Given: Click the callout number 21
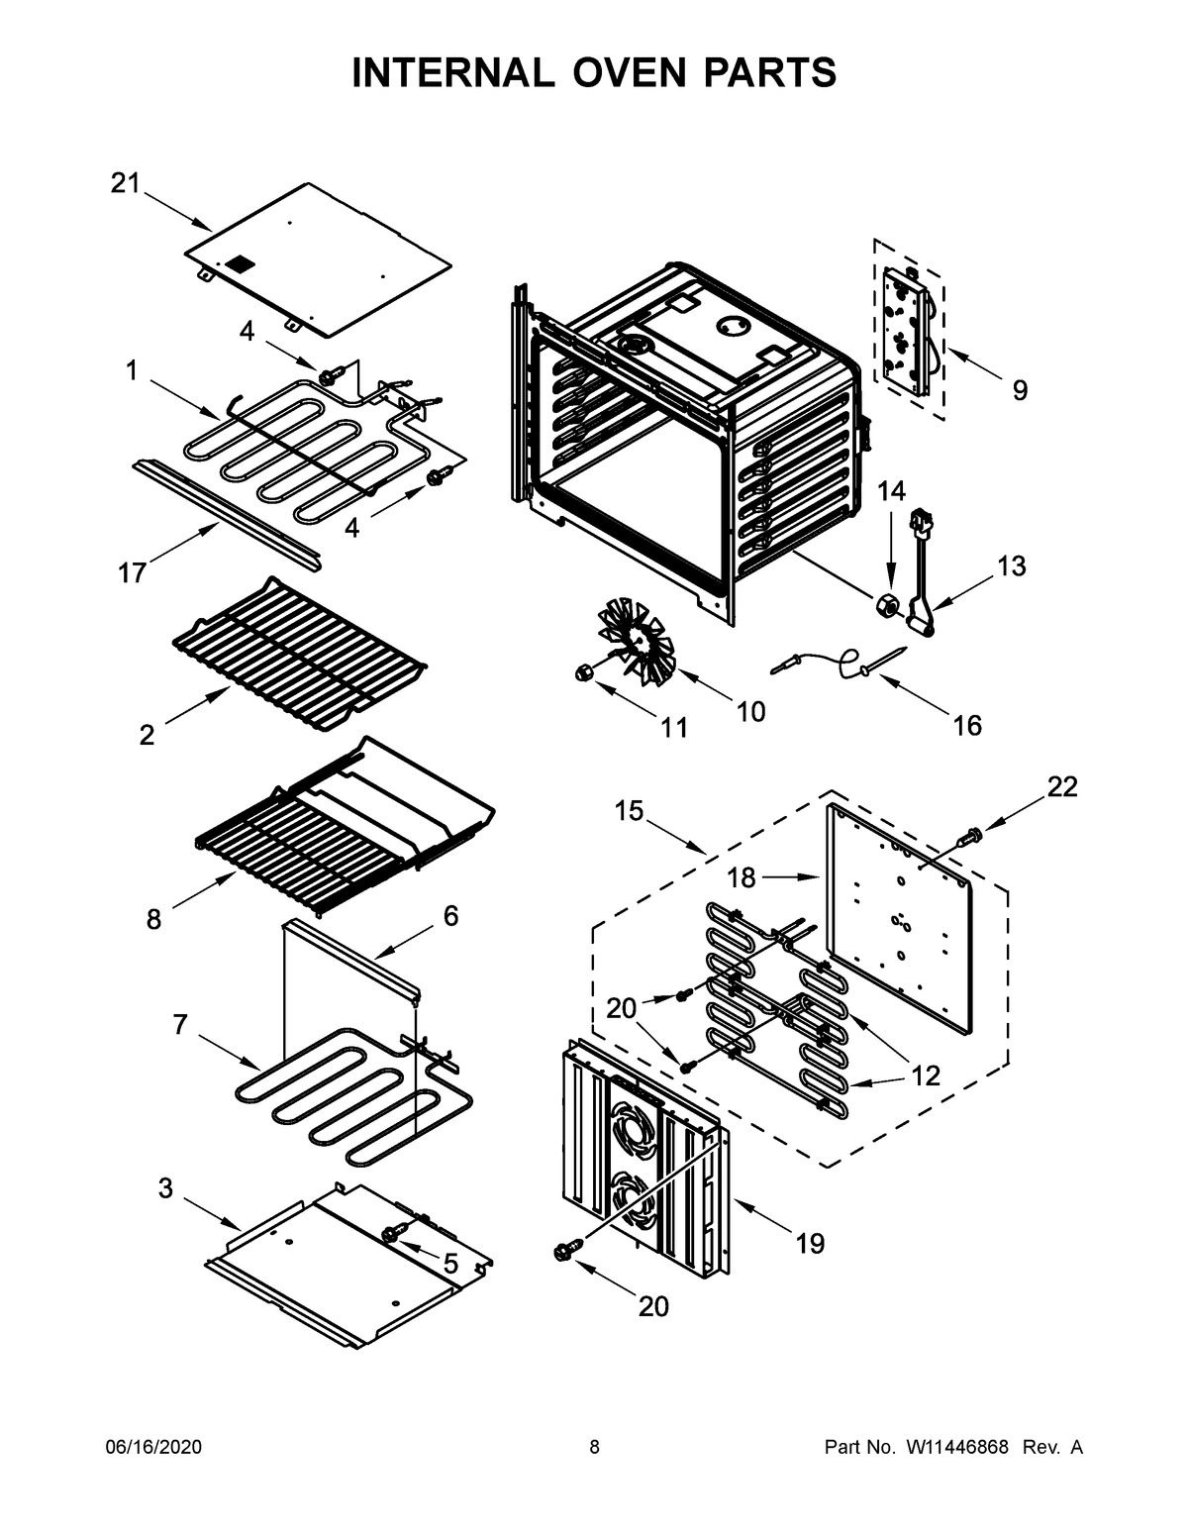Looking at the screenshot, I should coord(125,184).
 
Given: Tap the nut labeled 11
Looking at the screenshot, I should coord(583,673).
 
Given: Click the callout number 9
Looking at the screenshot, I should coord(1019,390).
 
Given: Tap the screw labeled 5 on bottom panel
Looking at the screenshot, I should coord(396,1231).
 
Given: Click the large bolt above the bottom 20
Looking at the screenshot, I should coord(564,1253).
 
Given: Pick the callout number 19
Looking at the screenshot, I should coord(810,1243).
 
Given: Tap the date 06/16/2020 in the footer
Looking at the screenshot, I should coord(153,1448).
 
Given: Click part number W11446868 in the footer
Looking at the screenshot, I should coord(956,1448).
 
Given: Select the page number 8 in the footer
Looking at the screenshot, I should coord(594,1448).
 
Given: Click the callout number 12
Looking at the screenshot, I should coord(926,1076).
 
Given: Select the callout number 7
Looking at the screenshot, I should coord(179,1024).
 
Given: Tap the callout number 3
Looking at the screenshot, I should coord(165,1186).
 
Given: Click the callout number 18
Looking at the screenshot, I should coord(742,877).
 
